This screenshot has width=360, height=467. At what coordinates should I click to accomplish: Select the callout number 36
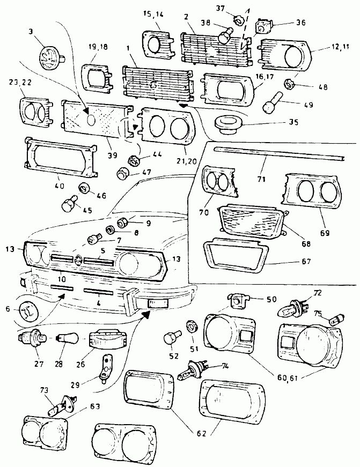[300, 23]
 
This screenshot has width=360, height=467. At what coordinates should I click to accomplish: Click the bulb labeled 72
[292, 308]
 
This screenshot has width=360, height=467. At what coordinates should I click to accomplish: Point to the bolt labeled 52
[170, 338]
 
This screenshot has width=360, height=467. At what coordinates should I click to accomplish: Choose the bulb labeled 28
[70, 339]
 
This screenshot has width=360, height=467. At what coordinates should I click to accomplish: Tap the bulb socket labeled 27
[31, 339]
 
